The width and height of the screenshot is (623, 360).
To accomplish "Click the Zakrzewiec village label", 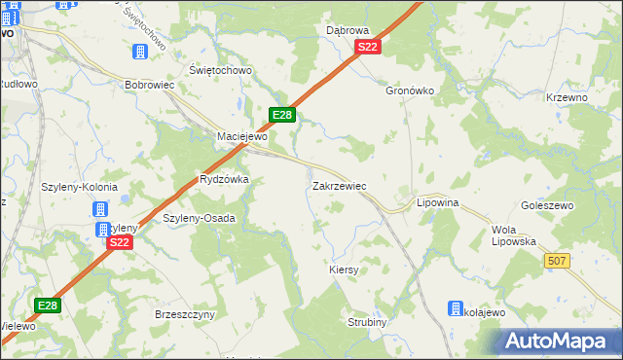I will click(339, 185).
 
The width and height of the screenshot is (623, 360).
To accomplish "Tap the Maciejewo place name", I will click(241, 136).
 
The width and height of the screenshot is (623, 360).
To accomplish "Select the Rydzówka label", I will click(224, 180).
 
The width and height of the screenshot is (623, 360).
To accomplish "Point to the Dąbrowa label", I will click(348, 30).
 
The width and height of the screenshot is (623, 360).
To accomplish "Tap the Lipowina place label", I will click(437, 202).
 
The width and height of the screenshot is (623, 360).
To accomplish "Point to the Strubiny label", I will click(368, 322).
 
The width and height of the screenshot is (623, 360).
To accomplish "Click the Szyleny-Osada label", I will click(199, 218).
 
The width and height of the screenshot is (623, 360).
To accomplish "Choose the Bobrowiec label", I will click(149, 85).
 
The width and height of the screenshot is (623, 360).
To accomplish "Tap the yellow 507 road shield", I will click(557, 261).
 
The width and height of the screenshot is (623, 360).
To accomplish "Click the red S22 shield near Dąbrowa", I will click(367, 47).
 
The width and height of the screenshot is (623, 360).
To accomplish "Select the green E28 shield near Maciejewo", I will click(281, 115).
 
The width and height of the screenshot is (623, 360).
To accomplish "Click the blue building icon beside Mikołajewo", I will click(456, 309).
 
